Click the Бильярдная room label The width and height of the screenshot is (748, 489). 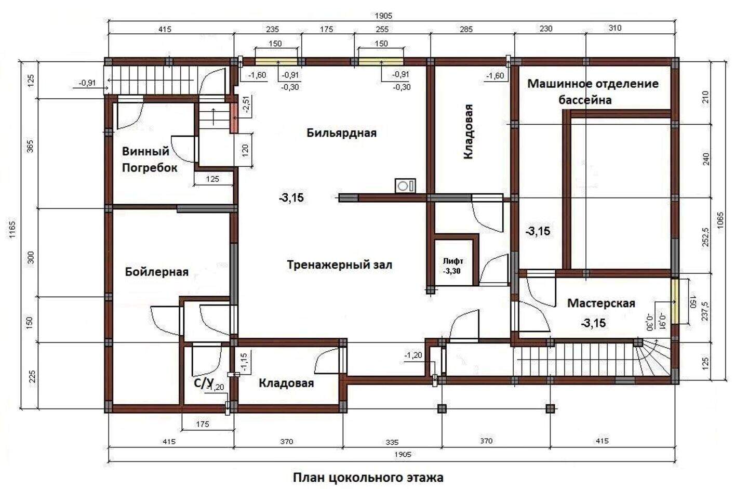(341, 133)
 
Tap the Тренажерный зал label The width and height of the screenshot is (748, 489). (340, 265)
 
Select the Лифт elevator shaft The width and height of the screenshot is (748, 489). (456, 260)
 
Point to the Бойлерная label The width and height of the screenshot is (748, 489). (157, 272)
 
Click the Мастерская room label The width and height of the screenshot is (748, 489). (601, 303)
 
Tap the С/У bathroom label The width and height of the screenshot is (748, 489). (204, 383)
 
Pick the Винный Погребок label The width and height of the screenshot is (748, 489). (149, 160)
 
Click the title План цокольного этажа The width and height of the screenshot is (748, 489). (368, 478)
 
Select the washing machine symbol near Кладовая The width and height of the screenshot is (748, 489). (405, 186)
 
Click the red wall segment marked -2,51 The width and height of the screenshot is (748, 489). (233, 118)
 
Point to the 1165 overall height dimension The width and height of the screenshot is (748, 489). (12, 229)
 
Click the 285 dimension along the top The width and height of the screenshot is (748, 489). (466, 30)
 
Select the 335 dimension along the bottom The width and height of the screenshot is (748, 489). (392, 442)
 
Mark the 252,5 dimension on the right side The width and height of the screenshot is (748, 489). (705, 237)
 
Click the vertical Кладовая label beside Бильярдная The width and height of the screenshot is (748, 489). (468, 131)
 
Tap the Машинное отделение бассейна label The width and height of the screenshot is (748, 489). (592, 91)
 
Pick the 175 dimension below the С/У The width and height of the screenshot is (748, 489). (203, 424)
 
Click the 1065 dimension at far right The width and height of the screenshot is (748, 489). (720, 220)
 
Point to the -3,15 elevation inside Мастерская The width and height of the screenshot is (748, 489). (593, 323)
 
